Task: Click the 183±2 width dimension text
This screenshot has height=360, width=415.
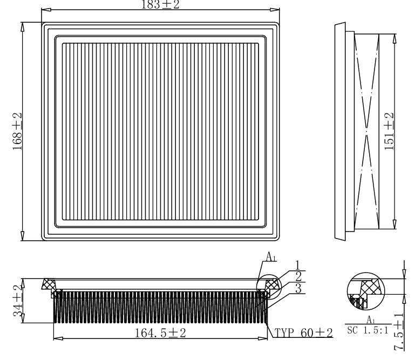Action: pyautogui.click(x=160, y=4)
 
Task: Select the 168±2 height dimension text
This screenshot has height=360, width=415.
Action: pyautogui.click(x=17, y=131)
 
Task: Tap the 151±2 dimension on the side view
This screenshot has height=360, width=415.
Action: pyautogui.click(x=389, y=131)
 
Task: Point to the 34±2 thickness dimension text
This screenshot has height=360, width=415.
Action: pyautogui.click(x=18, y=301)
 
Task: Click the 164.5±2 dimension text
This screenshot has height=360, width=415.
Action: pyautogui.click(x=160, y=332)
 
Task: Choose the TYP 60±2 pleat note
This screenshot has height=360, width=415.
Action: pyautogui.click(x=304, y=332)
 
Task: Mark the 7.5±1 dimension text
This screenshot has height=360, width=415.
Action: pyautogui.click(x=399, y=332)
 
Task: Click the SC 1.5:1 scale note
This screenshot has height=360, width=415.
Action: pyautogui.click(x=368, y=330)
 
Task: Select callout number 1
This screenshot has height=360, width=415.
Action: pyautogui.click(x=298, y=265)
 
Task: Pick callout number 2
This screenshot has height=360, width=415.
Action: pyautogui.click(x=298, y=277)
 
